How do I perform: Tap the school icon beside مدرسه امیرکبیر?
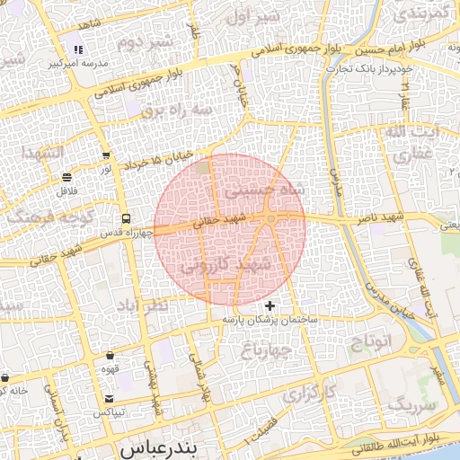click(78, 49)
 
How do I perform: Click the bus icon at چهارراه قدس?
click(125, 218)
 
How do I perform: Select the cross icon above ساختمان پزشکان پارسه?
click(270, 306)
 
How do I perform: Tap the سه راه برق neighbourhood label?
click(158, 109)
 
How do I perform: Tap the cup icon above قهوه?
click(110, 356)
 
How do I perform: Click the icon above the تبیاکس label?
click(109, 398)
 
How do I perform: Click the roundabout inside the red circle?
click(270, 218)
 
